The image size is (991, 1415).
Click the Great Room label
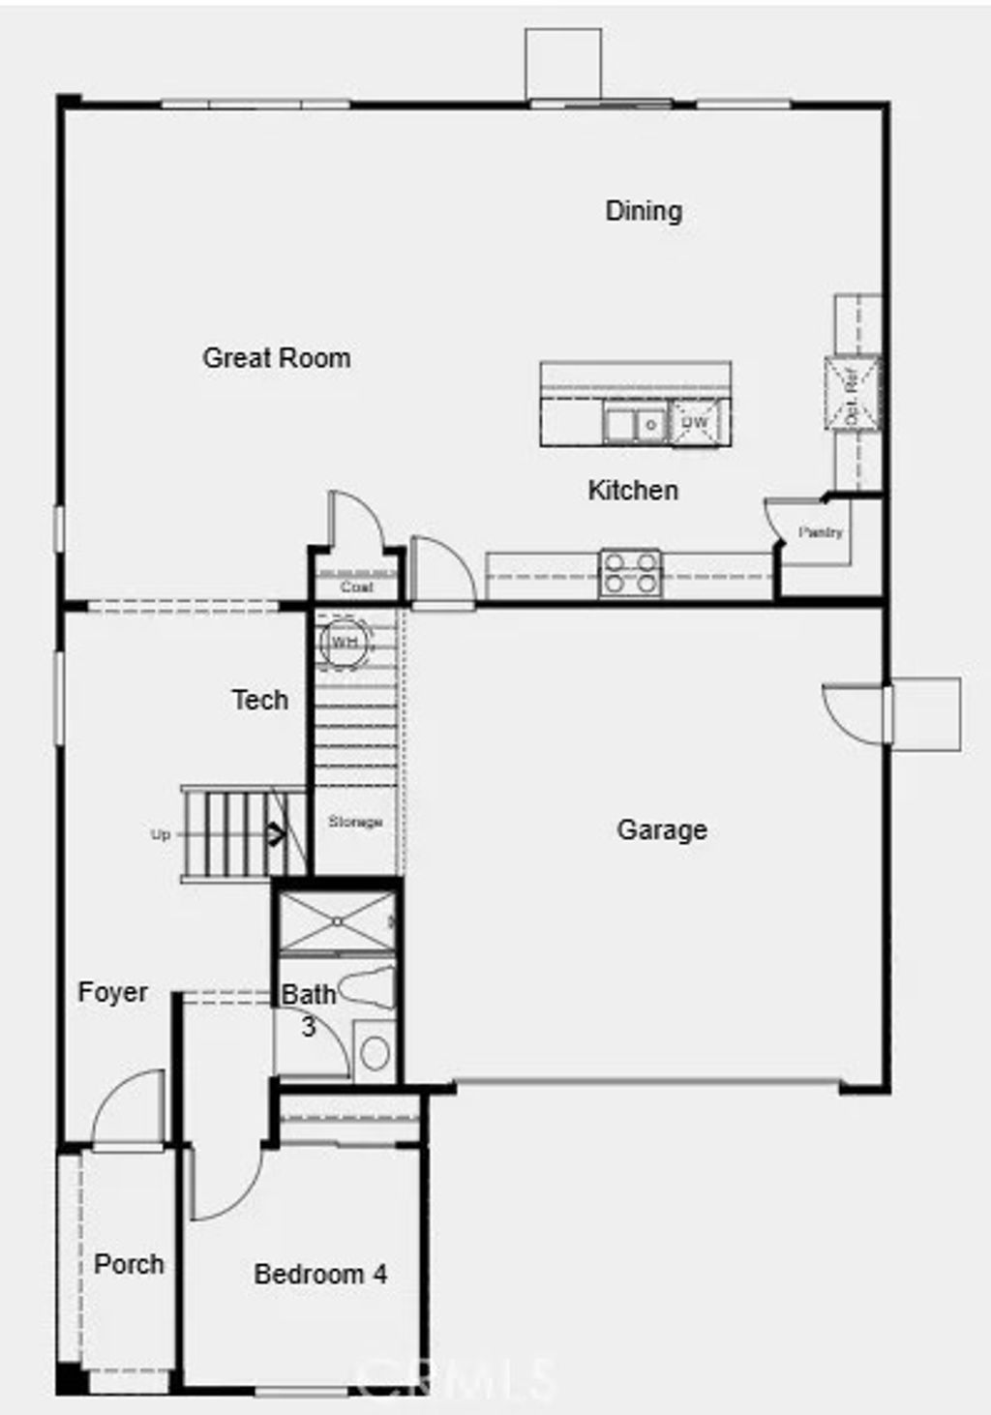point(277,358)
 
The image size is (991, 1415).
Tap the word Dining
point(644,211)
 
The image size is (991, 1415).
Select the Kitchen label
point(633,491)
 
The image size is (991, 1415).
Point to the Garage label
point(662,830)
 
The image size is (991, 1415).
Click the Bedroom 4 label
point(320,1275)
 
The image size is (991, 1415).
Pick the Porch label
point(129,1264)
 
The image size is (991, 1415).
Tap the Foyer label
point(113,992)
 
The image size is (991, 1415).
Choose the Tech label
point(260,700)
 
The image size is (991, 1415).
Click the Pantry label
point(821,532)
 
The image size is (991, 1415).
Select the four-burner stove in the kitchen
point(630,572)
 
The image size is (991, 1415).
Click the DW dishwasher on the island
point(696,423)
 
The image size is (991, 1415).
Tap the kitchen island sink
point(635,424)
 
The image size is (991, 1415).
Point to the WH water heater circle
point(344,642)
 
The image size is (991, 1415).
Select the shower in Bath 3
point(336,922)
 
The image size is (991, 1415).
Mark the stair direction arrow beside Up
point(275,833)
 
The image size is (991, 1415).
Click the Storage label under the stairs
point(354,822)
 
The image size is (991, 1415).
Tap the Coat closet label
point(356,587)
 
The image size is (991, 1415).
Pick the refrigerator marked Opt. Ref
point(853,393)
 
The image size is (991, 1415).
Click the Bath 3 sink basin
point(375,1053)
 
